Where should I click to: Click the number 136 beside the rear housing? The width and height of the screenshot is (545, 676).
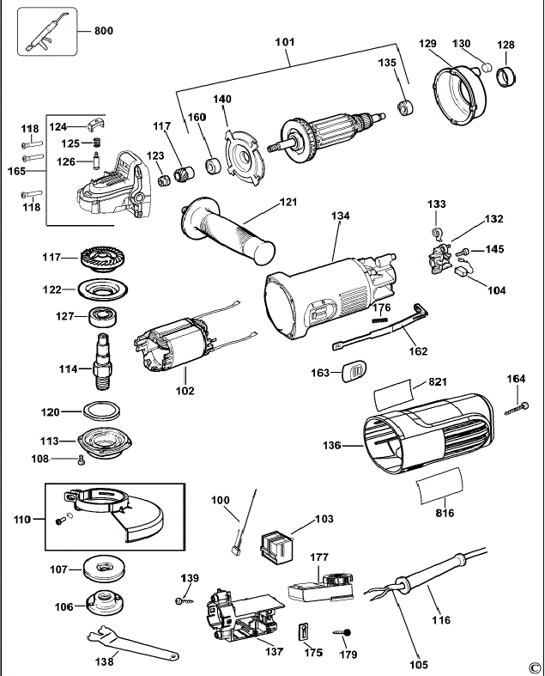pos(332,446)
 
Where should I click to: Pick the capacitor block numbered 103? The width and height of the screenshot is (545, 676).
pos(275,545)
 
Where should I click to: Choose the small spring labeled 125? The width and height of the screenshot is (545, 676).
pos(98,142)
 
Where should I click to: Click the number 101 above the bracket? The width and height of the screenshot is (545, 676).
pos(284,41)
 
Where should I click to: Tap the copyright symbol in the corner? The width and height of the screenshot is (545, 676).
pos(534,666)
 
